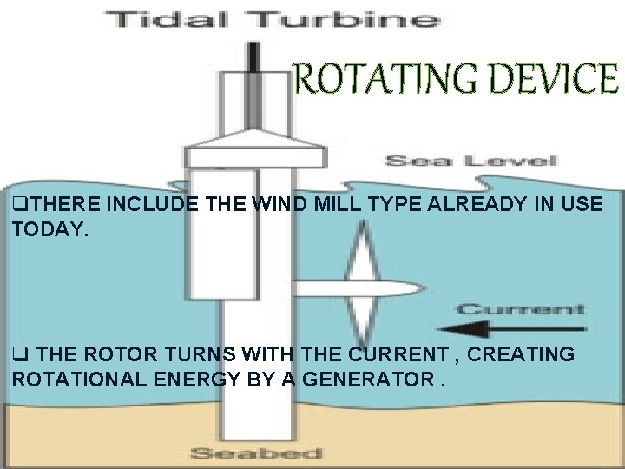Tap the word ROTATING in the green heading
[381, 80]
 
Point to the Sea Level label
[470, 161]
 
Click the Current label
[520, 309]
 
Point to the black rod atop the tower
[253, 56]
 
